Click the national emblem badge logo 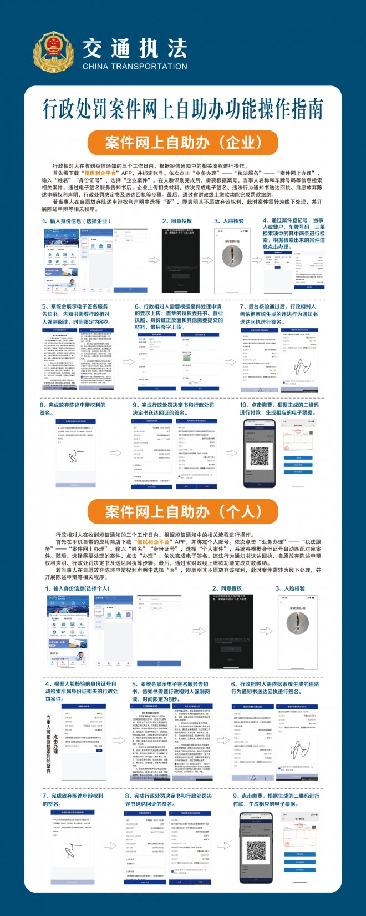coord(54,54)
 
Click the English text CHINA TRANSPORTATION coord(135,67)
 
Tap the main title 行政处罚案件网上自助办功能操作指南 coord(183,109)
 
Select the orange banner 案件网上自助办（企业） coord(183,143)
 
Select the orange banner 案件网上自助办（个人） coord(183,511)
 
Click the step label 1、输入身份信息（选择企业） coord(77,221)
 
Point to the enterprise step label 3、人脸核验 coord(229,221)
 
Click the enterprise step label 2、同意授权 coord(177,221)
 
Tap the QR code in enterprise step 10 coord(260,456)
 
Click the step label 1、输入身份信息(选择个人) coord(77,588)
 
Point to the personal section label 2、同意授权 coord(227,588)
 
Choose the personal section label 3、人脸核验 coord(290,588)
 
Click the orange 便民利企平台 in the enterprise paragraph coord(100,173)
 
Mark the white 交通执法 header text coord(135,49)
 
